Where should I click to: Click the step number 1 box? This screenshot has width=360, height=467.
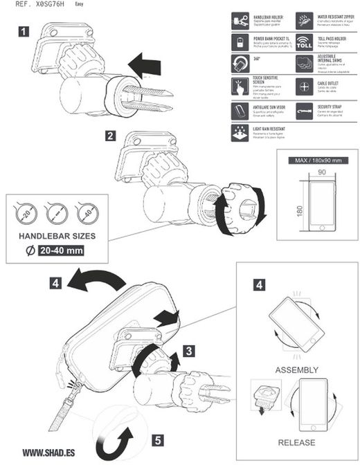tap(24, 30)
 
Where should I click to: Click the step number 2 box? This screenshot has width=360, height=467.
tap(110, 136)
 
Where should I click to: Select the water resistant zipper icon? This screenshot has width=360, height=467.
tap(305, 19)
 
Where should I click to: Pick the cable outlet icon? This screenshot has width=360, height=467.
tap(305, 87)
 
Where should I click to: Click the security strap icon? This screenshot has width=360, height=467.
tap(305, 110)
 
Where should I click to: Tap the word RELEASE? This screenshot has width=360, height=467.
tap(297, 442)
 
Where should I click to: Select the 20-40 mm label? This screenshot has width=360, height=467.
tap(61, 251)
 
